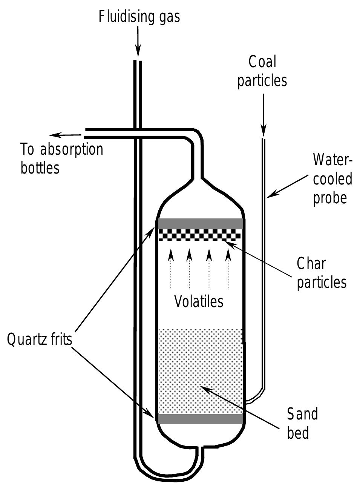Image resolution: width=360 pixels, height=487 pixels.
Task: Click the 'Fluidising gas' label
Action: [139, 17]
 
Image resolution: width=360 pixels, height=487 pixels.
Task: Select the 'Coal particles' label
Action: [262, 71]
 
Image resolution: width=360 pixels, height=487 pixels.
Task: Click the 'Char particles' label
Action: [321, 273]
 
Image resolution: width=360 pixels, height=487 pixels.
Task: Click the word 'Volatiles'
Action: [199, 301]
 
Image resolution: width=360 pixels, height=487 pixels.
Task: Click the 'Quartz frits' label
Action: [39, 340]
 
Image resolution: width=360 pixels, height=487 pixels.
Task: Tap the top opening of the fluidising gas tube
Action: [138, 61]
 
